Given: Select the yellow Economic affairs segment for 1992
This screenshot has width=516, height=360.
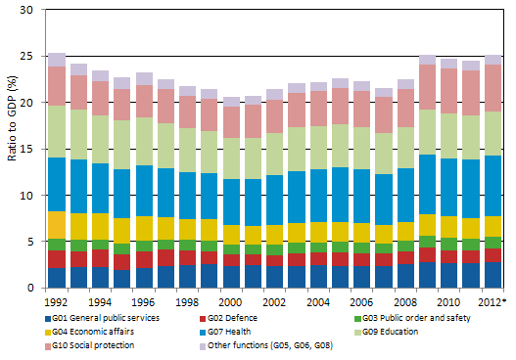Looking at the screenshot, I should coord(57,225).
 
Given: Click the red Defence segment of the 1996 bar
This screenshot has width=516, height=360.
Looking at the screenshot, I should coord(144,259).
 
